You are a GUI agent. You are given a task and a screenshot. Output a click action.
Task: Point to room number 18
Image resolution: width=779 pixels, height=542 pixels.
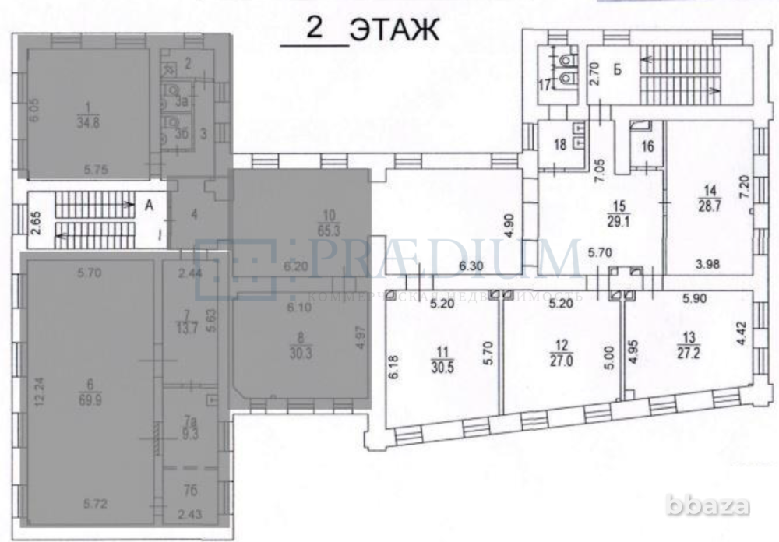[559, 145]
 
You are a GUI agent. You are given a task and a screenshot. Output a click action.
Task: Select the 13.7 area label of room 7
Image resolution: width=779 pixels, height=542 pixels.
[187, 325]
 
